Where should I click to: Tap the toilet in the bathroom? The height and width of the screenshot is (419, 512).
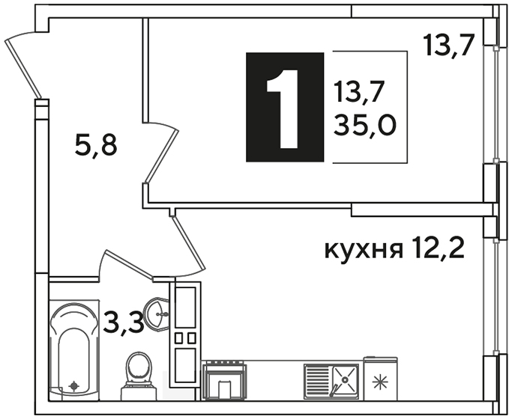tap(138, 376)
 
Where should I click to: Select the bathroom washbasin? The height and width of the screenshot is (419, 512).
tap(157, 314)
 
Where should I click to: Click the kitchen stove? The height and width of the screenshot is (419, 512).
tap(224, 380)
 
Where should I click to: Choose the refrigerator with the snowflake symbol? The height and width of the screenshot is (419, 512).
tap(380, 379)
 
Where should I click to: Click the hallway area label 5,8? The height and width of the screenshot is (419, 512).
tap(96, 146)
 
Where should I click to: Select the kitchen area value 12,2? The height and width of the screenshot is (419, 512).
tap(438, 248)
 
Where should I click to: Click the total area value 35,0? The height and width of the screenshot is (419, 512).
tap(365, 126)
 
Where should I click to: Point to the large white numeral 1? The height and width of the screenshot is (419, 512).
tap(283, 108)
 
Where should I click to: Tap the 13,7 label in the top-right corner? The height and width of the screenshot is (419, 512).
tap(448, 46)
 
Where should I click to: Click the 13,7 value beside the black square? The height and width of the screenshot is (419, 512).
tap(358, 93)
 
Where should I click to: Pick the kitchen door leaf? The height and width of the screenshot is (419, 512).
tap(188, 242)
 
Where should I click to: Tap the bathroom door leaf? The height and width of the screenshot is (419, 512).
tap(129, 265)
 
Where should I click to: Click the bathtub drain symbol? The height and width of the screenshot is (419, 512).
tap(74, 386)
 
